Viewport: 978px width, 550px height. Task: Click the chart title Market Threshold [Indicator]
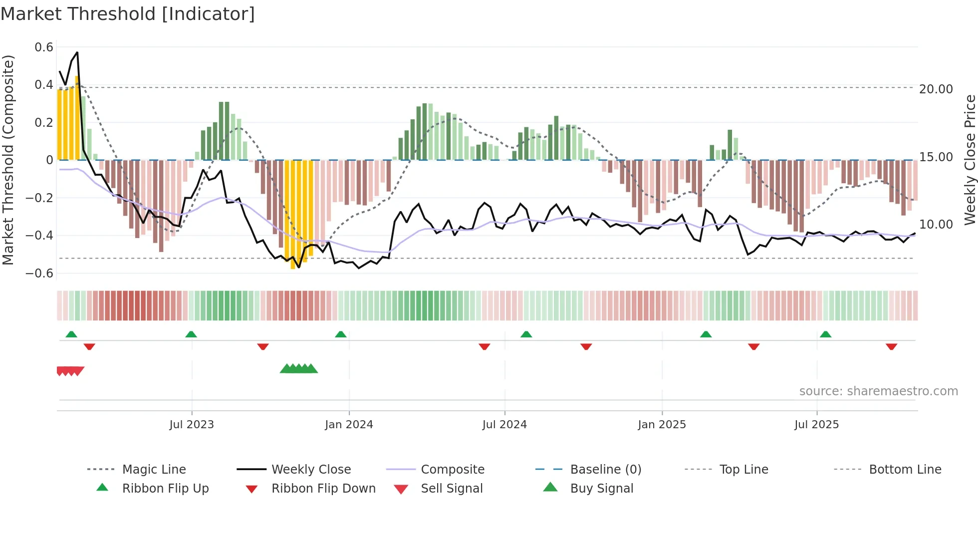pos(128,14)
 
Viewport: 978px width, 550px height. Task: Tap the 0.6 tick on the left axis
pos(44,47)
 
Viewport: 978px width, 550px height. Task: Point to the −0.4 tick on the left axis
pos(39,235)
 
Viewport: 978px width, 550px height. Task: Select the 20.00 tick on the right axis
pos(936,89)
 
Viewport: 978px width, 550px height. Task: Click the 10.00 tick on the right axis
pos(936,225)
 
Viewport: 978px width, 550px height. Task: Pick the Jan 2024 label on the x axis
pos(349,425)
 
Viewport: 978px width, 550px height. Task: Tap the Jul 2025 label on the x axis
pos(816,425)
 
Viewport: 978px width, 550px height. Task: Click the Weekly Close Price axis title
pos(970,160)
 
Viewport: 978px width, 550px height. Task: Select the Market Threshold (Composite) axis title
pos(8,160)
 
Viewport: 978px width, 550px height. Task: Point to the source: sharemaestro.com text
pos(878,391)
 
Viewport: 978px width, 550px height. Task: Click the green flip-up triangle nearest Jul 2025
pos(825,334)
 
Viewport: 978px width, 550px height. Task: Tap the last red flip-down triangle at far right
pos(891,346)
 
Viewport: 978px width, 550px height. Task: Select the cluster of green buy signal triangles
pos(298,369)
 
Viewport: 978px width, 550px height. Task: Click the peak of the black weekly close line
pos(77,52)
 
